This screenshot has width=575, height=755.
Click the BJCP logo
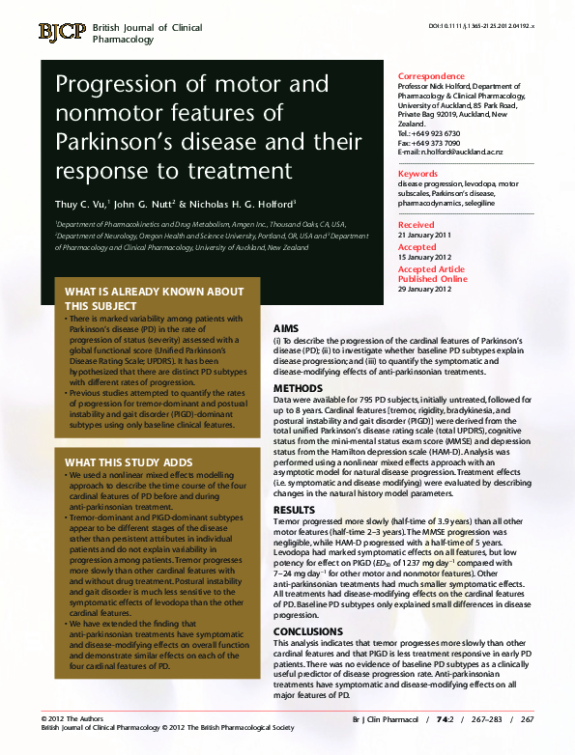62,32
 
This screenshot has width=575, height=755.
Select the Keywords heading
417,174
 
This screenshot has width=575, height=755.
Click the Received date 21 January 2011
424,235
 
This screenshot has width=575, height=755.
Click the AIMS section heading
286,328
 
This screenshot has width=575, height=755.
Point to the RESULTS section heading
294,509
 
